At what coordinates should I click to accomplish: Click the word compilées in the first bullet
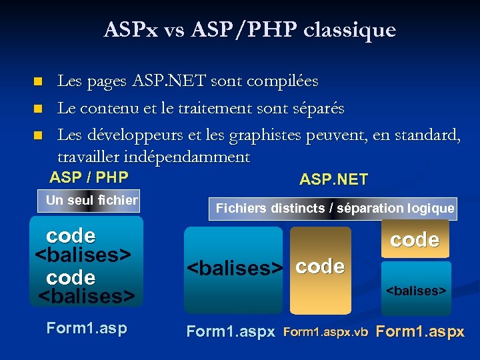pyautogui.click(x=283, y=81)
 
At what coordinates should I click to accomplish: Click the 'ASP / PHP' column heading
pyautogui.click(x=89, y=177)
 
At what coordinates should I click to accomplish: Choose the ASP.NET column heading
pyautogui.click(x=333, y=179)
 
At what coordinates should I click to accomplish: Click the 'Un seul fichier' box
pyautogui.click(x=91, y=200)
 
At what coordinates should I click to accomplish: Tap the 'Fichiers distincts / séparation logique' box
pyautogui.click(x=335, y=208)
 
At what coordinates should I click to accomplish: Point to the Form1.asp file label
pyautogui.click(x=86, y=328)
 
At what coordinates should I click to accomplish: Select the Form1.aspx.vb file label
pyautogui.click(x=326, y=332)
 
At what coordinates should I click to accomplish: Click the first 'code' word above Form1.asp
pyautogui.click(x=70, y=236)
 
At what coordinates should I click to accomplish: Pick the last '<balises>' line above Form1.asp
pyautogui.click(x=87, y=294)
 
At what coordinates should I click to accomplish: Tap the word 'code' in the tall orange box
pyautogui.click(x=320, y=267)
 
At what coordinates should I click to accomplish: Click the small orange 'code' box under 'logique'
pyautogui.click(x=415, y=241)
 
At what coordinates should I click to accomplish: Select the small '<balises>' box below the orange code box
pyautogui.click(x=416, y=290)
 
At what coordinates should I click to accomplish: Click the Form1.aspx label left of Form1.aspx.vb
pyautogui.click(x=231, y=331)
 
